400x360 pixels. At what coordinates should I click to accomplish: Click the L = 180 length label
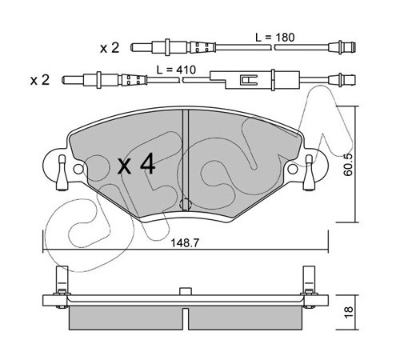coord(275,38)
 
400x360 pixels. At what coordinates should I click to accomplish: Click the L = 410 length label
coord(176,70)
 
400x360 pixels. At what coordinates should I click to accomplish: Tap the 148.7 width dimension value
coord(185,243)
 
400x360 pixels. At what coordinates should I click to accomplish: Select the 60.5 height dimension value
coord(348,165)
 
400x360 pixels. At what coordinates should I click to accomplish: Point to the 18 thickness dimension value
coord(349,313)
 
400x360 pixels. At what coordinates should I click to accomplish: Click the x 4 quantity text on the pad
coord(137,165)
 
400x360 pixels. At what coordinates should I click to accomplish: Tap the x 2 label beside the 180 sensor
coord(110,48)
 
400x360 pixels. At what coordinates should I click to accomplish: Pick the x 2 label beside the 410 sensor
coord(40,80)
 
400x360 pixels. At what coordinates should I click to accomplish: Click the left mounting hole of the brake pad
coord(78,169)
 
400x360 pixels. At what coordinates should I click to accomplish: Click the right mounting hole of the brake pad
coord(293,169)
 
